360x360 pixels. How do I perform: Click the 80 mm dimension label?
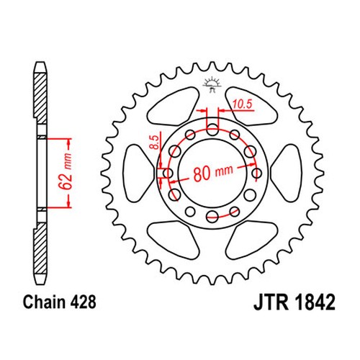coord(213,173)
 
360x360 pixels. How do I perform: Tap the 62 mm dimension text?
coord(66,171)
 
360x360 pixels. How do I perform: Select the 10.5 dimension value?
coord(243,104)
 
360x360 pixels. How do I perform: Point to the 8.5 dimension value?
coord(155,142)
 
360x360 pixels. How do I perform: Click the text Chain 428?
coord(59,302)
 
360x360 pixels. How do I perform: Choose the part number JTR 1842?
coord(294,302)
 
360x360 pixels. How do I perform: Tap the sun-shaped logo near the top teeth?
coord(212,84)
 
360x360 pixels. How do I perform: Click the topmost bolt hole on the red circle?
coord(212,130)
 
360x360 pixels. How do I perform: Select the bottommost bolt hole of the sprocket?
coord(212,216)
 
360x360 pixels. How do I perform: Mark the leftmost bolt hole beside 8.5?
coord(168,173)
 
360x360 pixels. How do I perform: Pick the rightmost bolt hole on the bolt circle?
coord(257,173)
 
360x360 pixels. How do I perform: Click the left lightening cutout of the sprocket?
coord(138,174)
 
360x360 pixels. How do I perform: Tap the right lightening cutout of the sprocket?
coord(287,174)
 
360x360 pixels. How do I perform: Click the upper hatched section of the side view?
coord(40,98)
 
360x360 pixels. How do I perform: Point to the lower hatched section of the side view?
coord(40,248)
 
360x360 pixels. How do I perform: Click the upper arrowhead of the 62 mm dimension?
coord(69,143)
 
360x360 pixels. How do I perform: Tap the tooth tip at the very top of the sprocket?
coord(212,63)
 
